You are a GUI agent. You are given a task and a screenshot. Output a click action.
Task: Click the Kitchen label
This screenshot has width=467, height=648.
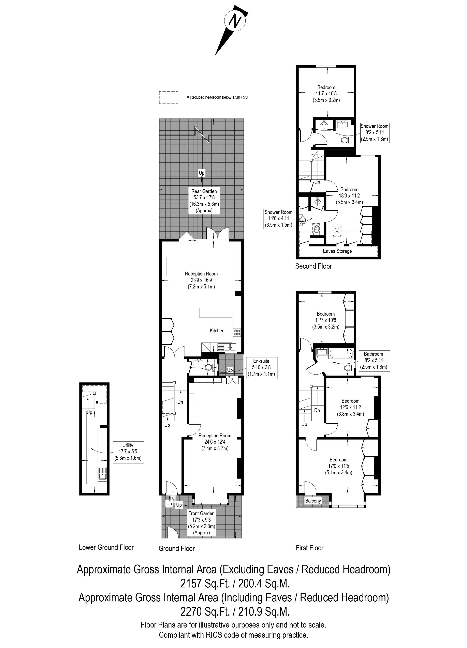click(217, 331)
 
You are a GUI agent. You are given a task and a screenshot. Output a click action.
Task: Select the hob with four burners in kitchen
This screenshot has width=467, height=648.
click(237, 332)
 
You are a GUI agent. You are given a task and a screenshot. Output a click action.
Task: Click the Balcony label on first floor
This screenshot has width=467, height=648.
click(313, 501)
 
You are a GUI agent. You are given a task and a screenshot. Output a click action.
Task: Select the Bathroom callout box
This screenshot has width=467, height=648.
click(374, 361)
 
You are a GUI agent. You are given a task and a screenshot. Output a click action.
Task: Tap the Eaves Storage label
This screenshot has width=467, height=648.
click(337, 251)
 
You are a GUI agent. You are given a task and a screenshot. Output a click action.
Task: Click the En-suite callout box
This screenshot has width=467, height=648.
click(261, 367)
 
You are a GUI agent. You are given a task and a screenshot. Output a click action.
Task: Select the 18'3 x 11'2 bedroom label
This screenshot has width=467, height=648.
click(349, 196)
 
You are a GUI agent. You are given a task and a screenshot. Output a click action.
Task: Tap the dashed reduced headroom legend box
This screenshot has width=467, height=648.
click(169, 97)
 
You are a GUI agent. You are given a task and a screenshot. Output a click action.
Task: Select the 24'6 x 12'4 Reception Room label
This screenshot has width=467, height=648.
click(215, 442)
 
